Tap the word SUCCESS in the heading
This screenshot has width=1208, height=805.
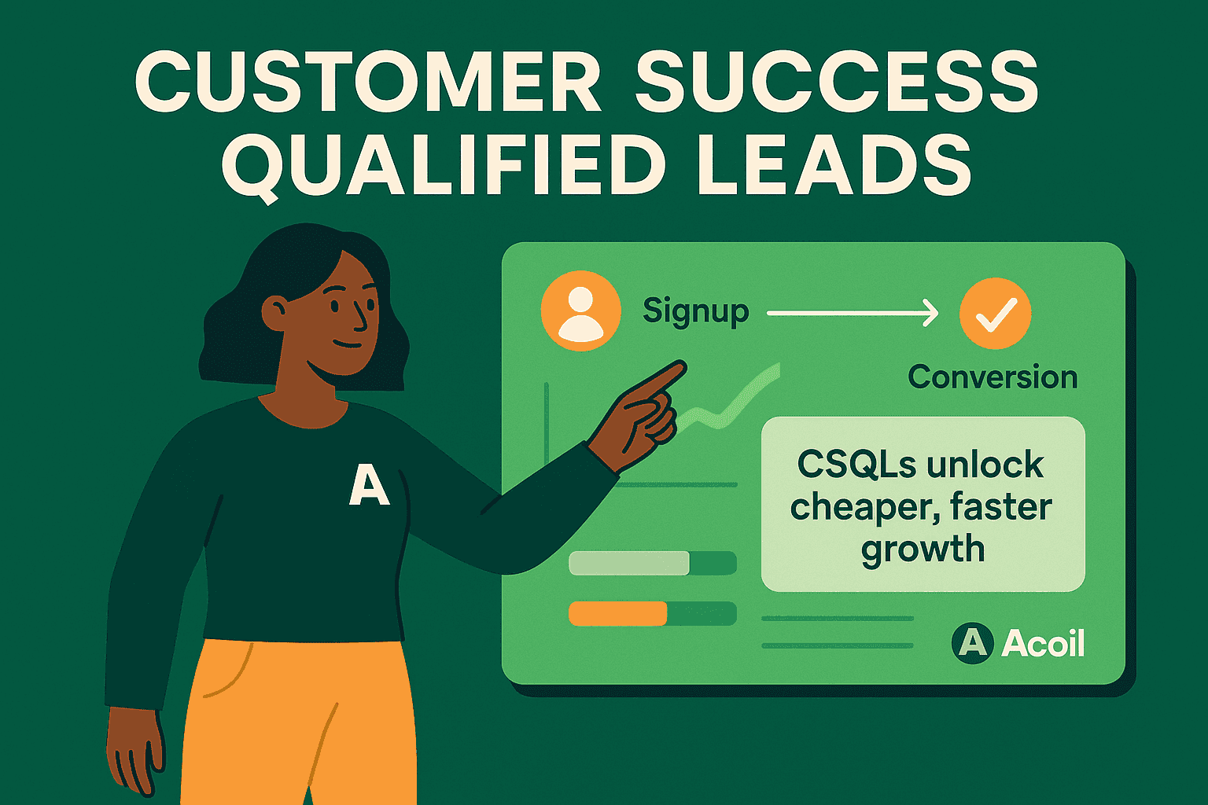837,81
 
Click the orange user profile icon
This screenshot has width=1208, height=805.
580,311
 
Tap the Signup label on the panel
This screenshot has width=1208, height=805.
695,312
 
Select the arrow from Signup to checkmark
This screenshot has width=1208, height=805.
853,313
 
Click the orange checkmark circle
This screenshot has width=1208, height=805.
995,313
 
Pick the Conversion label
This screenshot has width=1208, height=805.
993,377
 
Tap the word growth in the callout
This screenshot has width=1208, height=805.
923,549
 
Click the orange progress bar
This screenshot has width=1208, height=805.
618,613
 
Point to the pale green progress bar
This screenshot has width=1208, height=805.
628,563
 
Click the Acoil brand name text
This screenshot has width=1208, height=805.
1043,643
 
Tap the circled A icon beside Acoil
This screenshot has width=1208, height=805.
972,643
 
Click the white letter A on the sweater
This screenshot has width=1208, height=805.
369,485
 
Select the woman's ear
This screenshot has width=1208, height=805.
276,313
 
